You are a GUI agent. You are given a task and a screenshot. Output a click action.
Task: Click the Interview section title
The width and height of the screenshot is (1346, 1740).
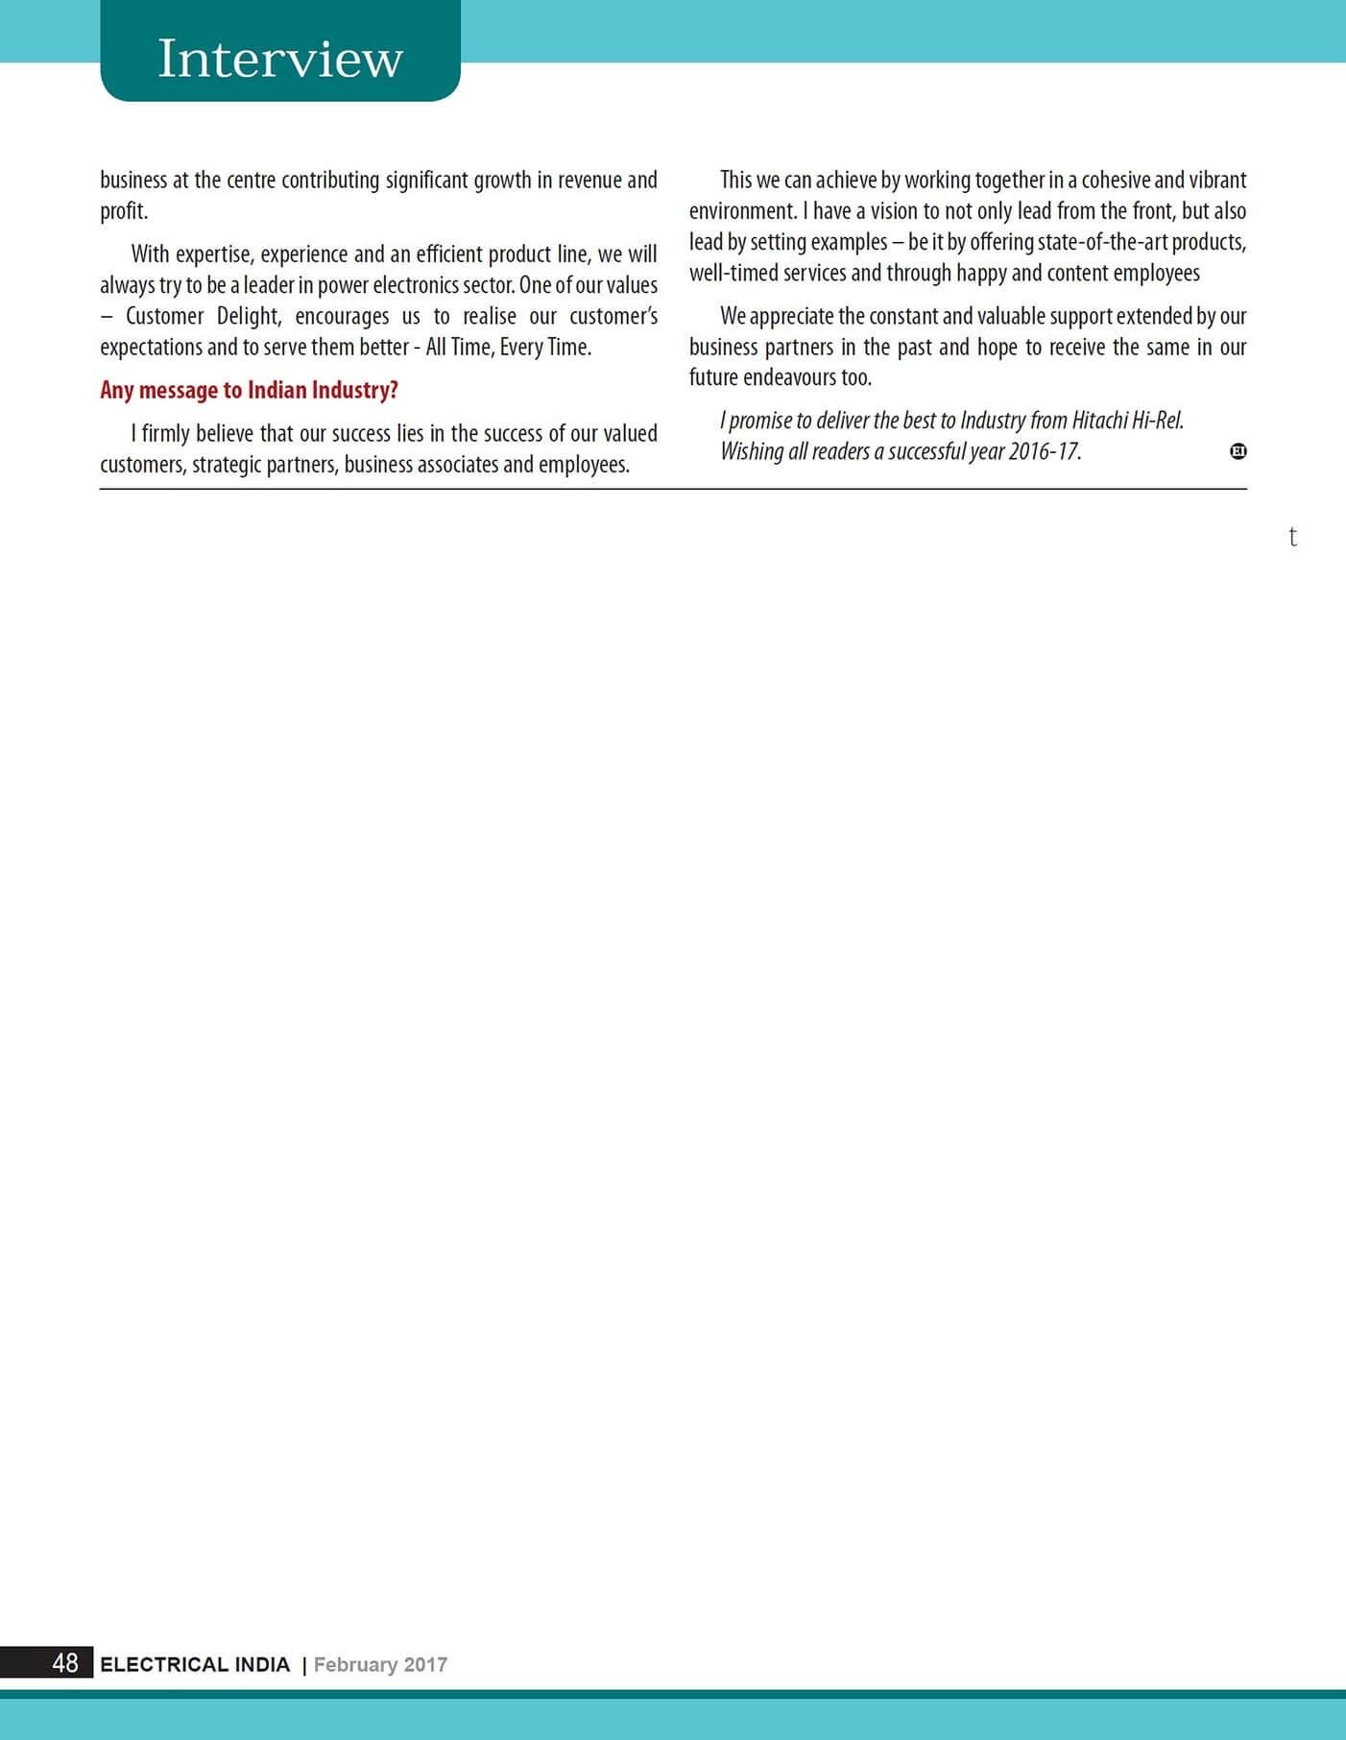tap(279, 59)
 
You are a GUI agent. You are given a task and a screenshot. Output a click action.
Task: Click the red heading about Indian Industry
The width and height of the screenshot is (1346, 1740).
tap(249, 390)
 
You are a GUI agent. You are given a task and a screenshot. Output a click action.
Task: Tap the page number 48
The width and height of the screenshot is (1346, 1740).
tap(65, 1663)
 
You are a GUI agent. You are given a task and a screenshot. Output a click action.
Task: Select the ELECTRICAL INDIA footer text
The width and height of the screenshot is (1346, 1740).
tap(195, 1664)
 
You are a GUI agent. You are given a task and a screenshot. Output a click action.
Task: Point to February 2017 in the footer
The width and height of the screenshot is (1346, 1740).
tap(380, 1664)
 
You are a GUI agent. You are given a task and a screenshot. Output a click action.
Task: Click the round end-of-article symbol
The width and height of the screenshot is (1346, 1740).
tap(1238, 451)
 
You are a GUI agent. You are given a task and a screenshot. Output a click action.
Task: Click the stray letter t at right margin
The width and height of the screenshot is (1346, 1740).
tap(1293, 537)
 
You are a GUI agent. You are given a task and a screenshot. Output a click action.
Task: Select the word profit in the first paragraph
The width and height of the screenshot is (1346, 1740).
tap(122, 211)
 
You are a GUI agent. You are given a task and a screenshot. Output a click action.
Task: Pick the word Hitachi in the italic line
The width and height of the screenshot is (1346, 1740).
tap(1099, 421)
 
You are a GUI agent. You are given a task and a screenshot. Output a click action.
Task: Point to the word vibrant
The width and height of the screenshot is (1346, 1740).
tap(1217, 181)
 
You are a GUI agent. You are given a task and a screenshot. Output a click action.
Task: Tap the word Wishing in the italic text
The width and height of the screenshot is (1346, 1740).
tap(752, 451)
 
